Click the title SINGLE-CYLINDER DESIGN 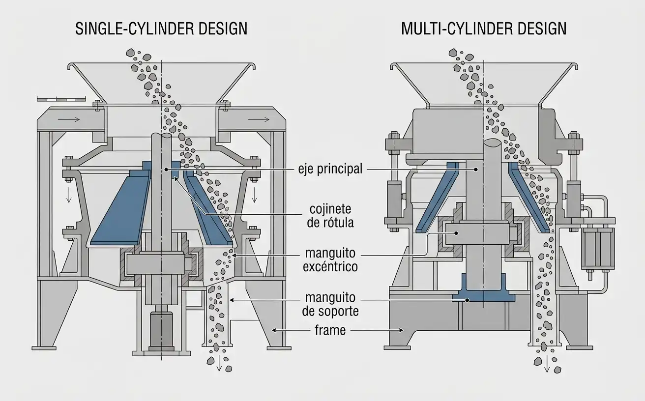coord(161,29)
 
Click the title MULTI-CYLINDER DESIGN coord(484,29)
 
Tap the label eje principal coord(330,169)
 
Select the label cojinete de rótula coord(330,216)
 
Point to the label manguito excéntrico coord(330,260)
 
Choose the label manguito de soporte coord(330,305)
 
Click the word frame coord(330,330)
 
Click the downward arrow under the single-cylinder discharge coord(219,364)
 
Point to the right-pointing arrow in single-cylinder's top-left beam coord(69,119)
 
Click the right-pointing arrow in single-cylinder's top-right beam coord(258,119)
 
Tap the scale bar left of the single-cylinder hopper coord(61,99)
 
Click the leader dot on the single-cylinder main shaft coord(166,170)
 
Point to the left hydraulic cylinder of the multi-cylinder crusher coord(394,199)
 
